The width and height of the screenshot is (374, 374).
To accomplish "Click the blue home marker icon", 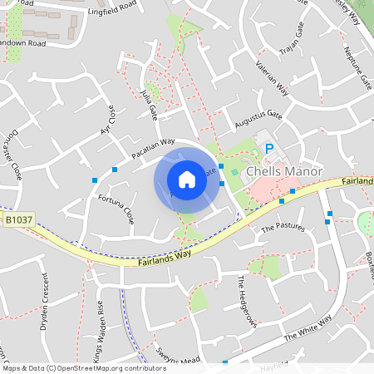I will pyautogui.click(x=187, y=179).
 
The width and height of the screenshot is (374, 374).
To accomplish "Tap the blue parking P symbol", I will pyautogui.click(x=268, y=149).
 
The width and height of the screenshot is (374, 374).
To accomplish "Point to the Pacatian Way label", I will pyautogui.click(x=154, y=149).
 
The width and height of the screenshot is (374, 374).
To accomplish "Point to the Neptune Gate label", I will pyautogui.click(x=363, y=71).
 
